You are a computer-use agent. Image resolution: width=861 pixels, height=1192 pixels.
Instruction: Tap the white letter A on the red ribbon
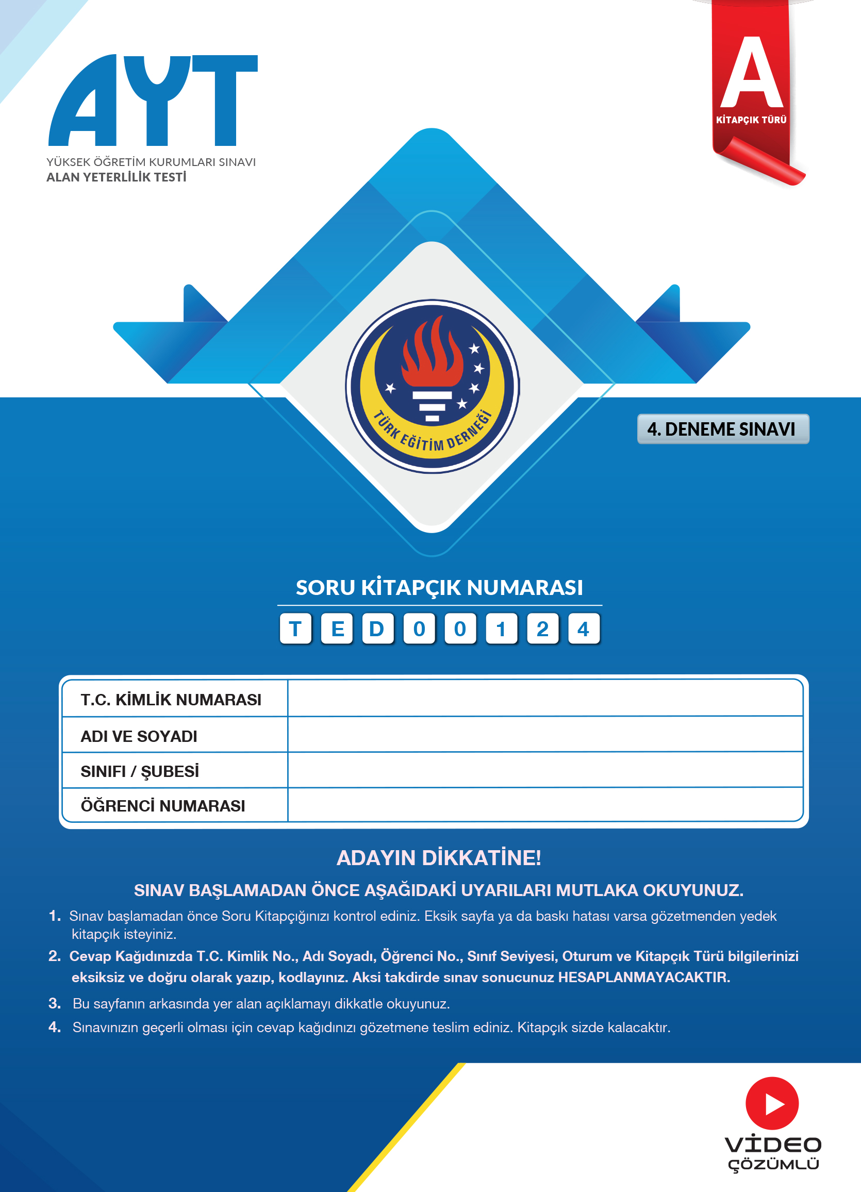tap(752, 74)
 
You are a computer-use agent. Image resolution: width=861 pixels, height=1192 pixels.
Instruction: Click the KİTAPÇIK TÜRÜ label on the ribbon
tap(751, 120)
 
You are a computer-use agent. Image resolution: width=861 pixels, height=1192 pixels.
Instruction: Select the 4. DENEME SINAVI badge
tap(723, 429)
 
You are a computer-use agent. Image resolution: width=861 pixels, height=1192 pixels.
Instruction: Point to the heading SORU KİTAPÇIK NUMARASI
tap(439, 588)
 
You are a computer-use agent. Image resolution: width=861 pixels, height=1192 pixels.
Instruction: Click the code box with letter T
tap(295, 628)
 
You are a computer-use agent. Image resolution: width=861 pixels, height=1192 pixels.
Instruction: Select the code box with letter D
tap(377, 628)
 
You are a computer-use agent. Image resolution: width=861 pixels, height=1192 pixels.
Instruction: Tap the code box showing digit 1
tap(501, 628)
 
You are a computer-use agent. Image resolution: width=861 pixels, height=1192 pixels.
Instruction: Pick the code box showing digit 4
tap(583, 628)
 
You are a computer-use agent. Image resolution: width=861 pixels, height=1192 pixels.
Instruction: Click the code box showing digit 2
tap(542, 628)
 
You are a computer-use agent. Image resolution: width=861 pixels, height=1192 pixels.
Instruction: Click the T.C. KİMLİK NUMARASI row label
tap(171, 700)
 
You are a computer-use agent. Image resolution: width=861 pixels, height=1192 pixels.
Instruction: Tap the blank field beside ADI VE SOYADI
tap(544, 735)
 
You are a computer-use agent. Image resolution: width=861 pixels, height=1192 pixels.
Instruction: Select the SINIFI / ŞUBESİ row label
tap(140, 771)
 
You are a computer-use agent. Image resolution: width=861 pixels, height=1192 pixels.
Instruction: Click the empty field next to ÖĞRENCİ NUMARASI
tap(544, 805)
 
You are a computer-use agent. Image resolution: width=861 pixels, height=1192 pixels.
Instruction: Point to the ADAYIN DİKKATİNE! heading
tap(439, 858)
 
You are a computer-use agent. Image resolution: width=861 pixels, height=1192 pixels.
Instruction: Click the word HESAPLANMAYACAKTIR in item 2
tap(644, 977)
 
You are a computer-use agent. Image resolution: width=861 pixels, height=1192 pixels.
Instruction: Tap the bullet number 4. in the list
tap(55, 1027)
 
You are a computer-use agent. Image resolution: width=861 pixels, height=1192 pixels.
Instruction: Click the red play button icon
tap(772, 1104)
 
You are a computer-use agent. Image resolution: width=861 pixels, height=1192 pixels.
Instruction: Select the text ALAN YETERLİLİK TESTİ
tap(116, 177)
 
